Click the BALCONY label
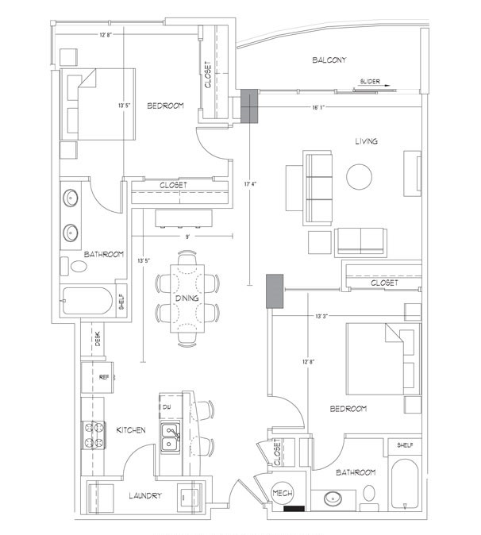point(329,60)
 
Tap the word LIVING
point(367,141)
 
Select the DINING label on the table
point(187,298)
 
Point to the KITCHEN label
point(131,430)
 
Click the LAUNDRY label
point(145,496)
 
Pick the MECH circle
point(283,493)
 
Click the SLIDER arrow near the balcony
point(376,86)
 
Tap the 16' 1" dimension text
point(318,107)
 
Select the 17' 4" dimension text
point(250,184)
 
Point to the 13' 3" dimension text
point(321,316)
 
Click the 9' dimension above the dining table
point(187,237)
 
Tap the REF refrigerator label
point(104,377)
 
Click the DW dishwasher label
point(167,406)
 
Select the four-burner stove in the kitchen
point(94,435)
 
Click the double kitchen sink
point(170,437)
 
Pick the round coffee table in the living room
point(360,176)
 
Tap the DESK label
point(98,339)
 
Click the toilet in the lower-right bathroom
point(369,494)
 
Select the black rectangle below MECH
point(294,508)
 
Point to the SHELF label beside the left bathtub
point(121,302)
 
